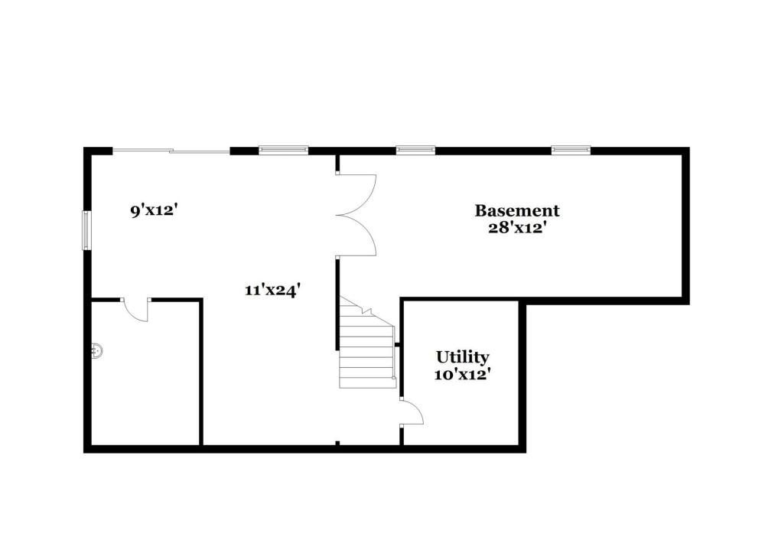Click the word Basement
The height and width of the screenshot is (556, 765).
[x=516, y=210]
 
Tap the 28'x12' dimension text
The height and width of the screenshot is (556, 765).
[x=516, y=228]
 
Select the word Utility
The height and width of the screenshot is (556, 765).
[x=463, y=357]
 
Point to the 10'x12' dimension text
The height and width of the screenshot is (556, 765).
[x=462, y=375]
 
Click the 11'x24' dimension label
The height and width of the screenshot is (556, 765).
[x=272, y=290]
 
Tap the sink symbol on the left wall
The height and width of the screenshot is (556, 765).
[x=97, y=350]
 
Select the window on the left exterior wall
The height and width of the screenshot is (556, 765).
[x=87, y=230]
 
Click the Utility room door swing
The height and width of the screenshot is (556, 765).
[x=412, y=412]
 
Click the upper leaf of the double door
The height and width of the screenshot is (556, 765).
[x=357, y=194]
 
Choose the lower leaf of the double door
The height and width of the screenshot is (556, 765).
[x=357, y=236]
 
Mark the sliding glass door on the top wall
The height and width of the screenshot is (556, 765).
[x=171, y=151]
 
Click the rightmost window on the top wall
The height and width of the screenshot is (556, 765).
[x=571, y=150]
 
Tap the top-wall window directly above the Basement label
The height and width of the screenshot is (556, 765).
[x=415, y=150]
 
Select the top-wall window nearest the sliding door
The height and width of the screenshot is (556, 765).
[x=284, y=150]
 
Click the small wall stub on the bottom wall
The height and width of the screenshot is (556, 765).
[x=337, y=444]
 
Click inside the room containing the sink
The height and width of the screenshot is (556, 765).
[x=145, y=380]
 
